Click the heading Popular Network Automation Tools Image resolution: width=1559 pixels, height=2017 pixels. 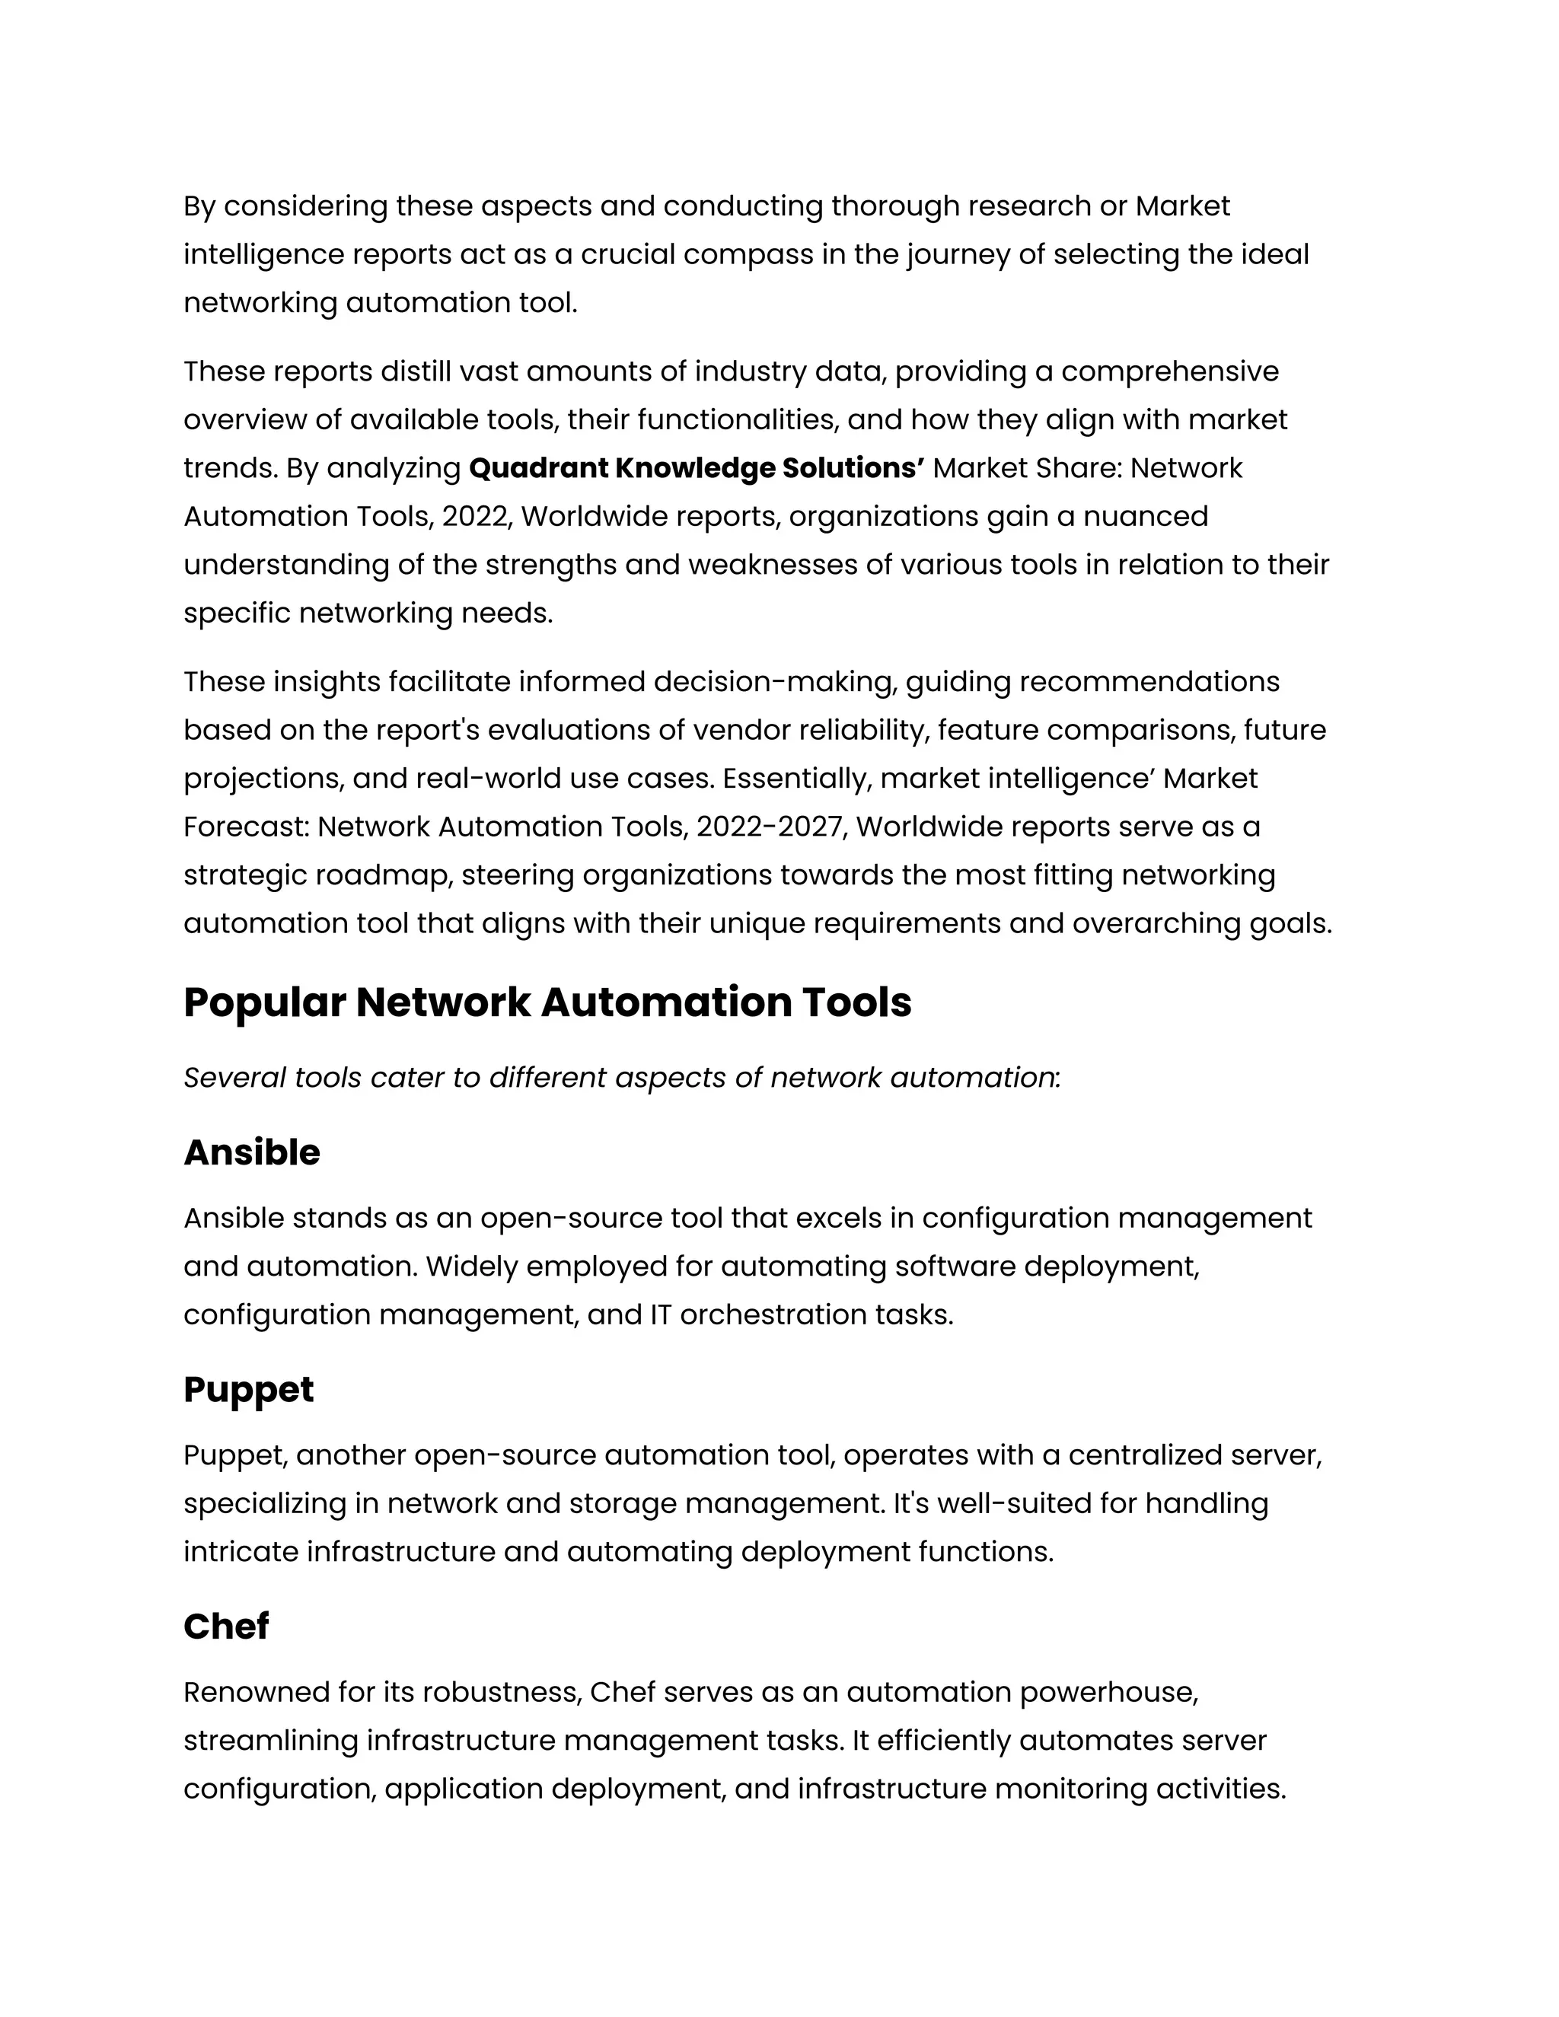click(547, 1003)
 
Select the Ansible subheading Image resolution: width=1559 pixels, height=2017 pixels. click(251, 1152)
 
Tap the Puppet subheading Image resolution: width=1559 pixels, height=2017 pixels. click(247, 1390)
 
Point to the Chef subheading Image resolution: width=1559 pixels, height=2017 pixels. click(225, 1627)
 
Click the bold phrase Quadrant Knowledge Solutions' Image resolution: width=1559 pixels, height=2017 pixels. click(697, 468)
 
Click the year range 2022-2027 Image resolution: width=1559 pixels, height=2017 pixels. click(770, 827)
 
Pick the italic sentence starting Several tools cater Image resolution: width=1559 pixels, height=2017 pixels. click(620, 1078)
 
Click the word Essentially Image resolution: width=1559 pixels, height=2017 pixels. click(796, 779)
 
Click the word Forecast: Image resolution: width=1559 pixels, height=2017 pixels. click(246, 827)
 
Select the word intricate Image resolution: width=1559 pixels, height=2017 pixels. click(241, 1551)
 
